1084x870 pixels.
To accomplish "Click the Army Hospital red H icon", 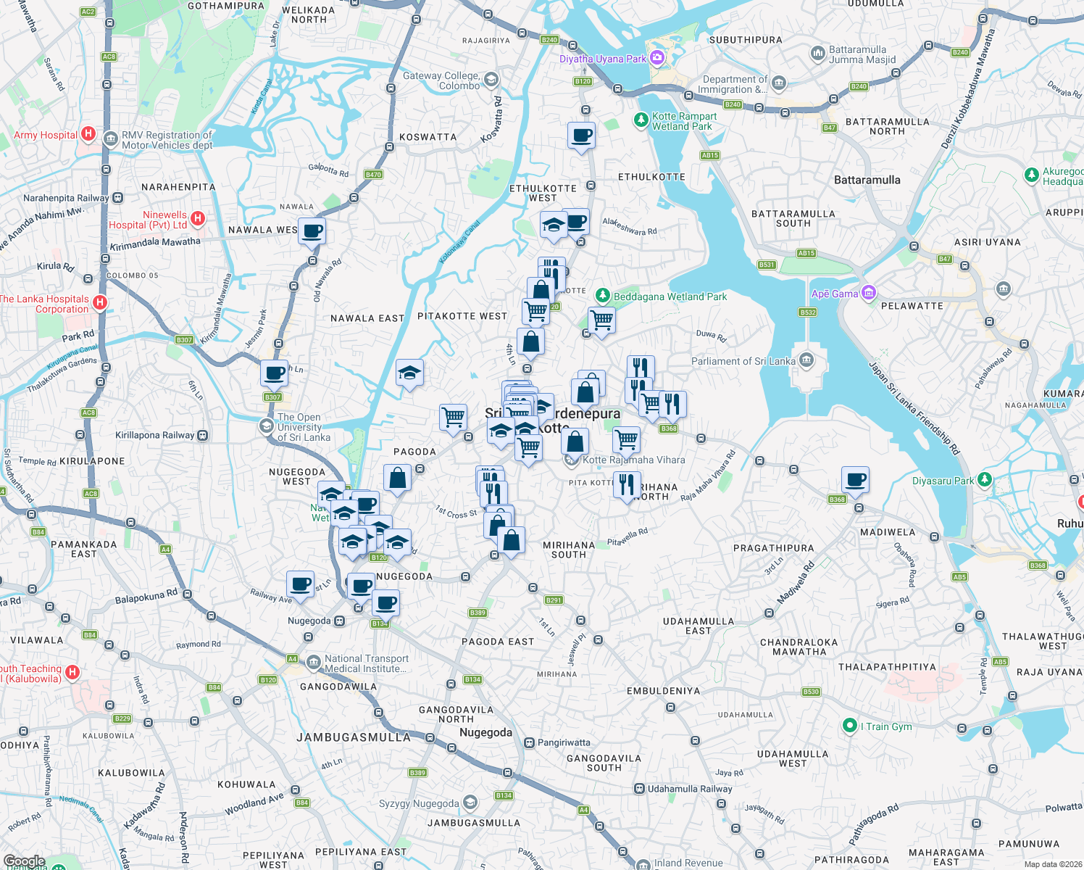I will [88, 133].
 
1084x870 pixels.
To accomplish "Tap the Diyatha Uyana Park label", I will [602, 59].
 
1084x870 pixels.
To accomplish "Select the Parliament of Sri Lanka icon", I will [806, 360].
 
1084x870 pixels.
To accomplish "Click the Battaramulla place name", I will [867, 180].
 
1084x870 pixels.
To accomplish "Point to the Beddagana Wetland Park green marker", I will [602, 296].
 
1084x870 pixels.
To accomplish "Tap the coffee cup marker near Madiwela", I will [855, 480].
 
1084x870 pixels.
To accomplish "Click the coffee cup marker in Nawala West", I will [312, 231].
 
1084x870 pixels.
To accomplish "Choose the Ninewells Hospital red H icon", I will [198, 218].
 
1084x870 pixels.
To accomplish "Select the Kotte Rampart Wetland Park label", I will [683, 121].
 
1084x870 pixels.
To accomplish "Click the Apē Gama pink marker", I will [869, 293].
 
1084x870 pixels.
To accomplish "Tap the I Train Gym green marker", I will [850, 725].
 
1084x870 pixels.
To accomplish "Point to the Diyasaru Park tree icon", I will [984, 480].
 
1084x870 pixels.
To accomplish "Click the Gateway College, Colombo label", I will [441, 80].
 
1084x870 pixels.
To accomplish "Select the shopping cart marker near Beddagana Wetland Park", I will [601, 319].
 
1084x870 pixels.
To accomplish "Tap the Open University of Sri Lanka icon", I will [267, 426].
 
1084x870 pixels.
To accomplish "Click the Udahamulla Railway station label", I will [689, 789].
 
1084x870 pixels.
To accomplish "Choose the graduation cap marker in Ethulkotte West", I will [553, 225].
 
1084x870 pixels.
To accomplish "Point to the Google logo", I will [25, 861].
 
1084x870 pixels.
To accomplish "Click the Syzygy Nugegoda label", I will [419, 803].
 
